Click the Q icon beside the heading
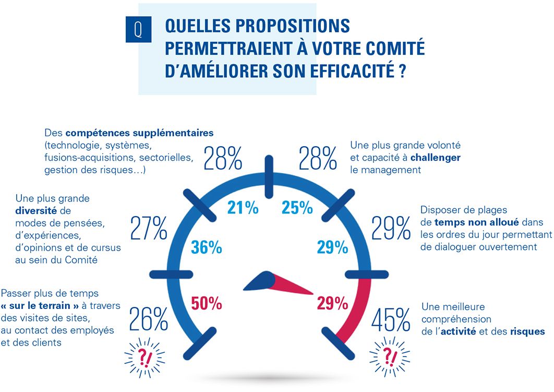(138, 29)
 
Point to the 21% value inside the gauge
(243, 208)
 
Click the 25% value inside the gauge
(297, 208)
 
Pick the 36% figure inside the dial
(207, 247)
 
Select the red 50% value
(207, 303)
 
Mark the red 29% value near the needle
(332, 303)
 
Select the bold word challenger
(436, 157)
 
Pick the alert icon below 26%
(144, 357)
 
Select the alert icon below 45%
(389, 357)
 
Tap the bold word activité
(457, 331)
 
